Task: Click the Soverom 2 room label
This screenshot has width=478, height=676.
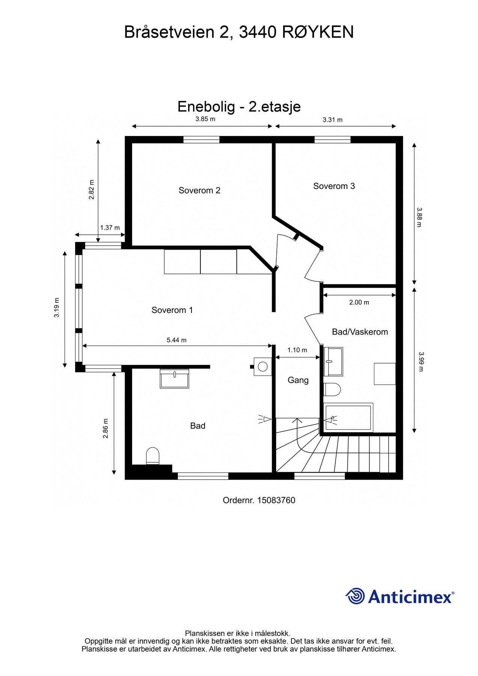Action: coord(199,190)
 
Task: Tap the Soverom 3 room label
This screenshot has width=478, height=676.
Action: coord(334,186)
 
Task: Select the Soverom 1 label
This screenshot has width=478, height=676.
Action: coord(172,310)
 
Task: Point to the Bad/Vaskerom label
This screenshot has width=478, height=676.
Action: coord(360,332)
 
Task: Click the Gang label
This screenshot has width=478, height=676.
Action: coord(298,380)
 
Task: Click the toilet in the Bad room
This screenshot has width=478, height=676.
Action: coord(153,456)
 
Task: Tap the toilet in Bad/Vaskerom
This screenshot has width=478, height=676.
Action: coord(332,389)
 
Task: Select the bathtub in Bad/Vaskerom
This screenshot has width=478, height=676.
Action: coord(348,417)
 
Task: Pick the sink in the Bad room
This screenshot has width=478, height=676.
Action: coord(175,379)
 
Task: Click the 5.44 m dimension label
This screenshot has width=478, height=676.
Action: coord(176,340)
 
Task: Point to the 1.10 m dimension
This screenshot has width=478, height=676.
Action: coord(297,350)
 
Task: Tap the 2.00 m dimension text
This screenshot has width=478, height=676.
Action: coord(359,302)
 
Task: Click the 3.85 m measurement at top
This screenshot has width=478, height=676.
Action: coord(205,119)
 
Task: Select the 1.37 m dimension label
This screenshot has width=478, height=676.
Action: coord(110,228)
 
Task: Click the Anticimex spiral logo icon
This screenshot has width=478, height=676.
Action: coord(355,596)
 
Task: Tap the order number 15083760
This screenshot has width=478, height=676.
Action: coord(276,500)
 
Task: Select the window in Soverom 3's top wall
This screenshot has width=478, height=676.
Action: coord(332,140)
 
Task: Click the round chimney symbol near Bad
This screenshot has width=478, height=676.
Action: coord(262,366)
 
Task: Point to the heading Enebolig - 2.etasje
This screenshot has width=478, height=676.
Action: coord(239,107)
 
